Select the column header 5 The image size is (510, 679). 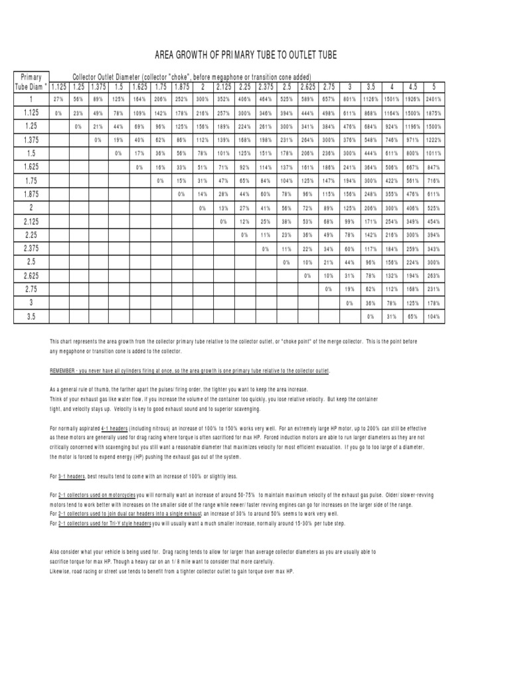click(x=434, y=87)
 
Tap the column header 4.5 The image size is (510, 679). click(x=412, y=87)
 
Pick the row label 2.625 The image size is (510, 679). click(x=31, y=275)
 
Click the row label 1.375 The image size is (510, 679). click(x=31, y=140)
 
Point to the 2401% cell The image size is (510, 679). click(x=434, y=99)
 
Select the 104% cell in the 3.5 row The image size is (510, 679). click(x=434, y=316)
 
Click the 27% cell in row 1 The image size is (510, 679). click(x=58, y=99)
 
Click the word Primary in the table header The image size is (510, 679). click(x=31, y=76)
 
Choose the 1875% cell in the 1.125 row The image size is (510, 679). click(x=434, y=113)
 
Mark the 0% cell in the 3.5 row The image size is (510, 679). click(x=371, y=316)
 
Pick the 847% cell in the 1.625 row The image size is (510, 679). click(x=434, y=167)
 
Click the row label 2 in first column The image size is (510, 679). click(x=31, y=208)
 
